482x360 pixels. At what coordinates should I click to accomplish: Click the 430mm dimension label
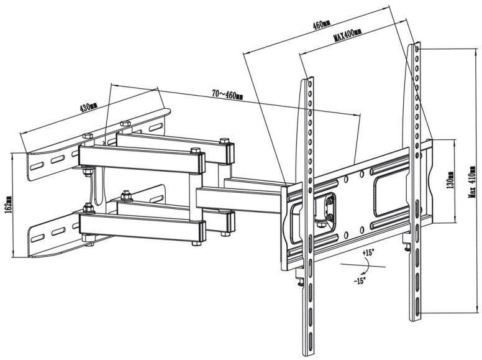89,106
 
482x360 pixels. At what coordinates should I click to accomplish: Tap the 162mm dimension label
8,204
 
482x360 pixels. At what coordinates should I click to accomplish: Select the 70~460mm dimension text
227,94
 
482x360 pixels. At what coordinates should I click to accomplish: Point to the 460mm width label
322,24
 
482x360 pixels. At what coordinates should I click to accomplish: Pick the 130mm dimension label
451,180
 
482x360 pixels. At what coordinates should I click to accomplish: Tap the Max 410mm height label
472,182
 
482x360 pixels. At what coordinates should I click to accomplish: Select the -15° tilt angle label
359,280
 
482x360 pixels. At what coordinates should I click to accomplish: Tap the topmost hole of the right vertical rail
417,49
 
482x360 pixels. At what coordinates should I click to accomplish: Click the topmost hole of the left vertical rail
310,83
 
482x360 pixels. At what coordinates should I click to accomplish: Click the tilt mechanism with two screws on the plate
328,210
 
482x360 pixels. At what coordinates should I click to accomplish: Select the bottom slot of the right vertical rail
417,305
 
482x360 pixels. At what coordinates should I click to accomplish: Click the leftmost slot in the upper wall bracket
37,166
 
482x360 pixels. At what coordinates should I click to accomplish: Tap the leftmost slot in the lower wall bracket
37,238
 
